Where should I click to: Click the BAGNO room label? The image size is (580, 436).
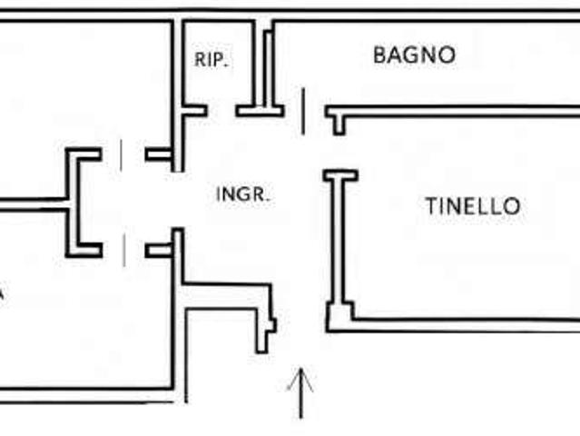click(414, 55)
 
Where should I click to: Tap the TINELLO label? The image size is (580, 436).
click(473, 206)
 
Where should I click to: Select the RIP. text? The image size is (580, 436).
click(211, 60)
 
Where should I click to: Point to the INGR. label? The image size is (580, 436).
click(242, 194)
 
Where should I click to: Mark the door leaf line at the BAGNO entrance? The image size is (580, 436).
click(303, 112)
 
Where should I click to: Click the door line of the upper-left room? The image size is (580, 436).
click(122, 155)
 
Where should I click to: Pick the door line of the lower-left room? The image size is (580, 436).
click(124, 250)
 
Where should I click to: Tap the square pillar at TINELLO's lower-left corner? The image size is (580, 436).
click(339, 317)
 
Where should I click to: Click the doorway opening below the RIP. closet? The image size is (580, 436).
click(221, 111)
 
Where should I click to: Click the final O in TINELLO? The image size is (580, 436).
click(513, 206)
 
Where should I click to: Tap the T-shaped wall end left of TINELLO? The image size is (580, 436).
click(340, 175)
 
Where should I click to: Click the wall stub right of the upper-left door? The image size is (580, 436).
click(158, 154)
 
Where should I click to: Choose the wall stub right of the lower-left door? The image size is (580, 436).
click(159, 251)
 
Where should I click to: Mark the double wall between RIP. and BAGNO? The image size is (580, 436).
click(264, 66)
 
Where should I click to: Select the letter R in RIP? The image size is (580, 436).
click(200, 60)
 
